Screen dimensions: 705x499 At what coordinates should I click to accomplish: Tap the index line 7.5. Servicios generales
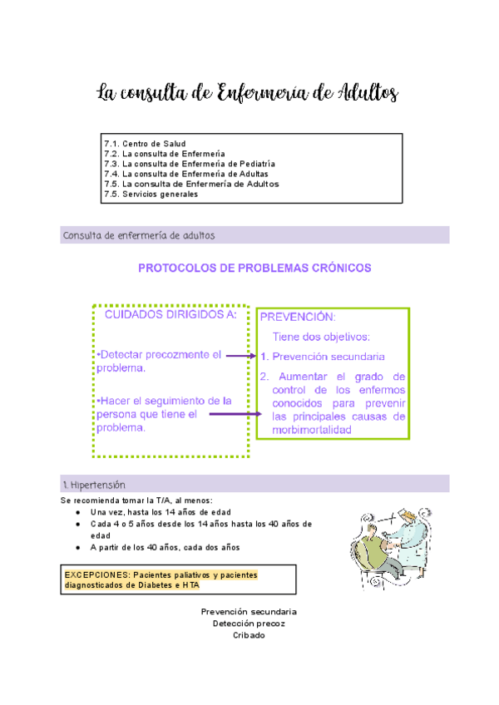[x=151, y=195]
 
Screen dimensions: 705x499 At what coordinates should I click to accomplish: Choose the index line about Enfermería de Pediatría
[x=190, y=164]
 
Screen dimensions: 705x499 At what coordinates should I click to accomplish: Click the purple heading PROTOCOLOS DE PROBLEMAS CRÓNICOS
[x=254, y=269]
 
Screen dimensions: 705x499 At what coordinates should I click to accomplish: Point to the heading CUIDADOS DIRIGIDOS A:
[x=170, y=314]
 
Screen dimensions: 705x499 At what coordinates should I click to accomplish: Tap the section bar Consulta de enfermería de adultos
[x=139, y=235]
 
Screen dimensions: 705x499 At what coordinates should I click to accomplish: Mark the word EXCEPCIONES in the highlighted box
[x=93, y=575]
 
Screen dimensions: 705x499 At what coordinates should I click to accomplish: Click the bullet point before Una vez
[x=77, y=513]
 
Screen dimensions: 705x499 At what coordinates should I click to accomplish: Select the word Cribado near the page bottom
[x=249, y=635]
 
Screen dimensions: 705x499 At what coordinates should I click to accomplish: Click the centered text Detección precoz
[x=249, y=624]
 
